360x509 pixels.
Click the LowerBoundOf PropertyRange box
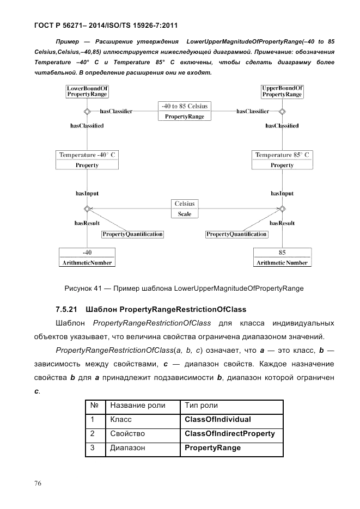(86, 91)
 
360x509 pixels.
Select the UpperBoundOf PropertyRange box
(282, 91)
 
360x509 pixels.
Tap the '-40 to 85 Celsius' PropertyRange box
(185, 111)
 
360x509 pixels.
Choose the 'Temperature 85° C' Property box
(282, 160)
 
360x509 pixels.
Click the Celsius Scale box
(185, 208)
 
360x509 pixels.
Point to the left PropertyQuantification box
(133, 234)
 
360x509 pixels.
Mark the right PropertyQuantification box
(236, 234)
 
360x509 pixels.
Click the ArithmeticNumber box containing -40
(86, 257)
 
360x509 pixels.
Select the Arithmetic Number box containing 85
(282, 257)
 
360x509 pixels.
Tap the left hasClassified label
(87, 126)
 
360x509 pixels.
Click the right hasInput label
(282, 193)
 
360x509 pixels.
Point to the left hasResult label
(86, 223)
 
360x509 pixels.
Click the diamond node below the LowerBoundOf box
(86, 112)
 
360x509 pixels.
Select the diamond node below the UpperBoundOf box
(282, 112)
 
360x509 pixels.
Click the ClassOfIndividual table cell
(232, 420)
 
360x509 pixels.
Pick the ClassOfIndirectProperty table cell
(232, 434)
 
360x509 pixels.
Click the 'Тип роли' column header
(232, 406)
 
